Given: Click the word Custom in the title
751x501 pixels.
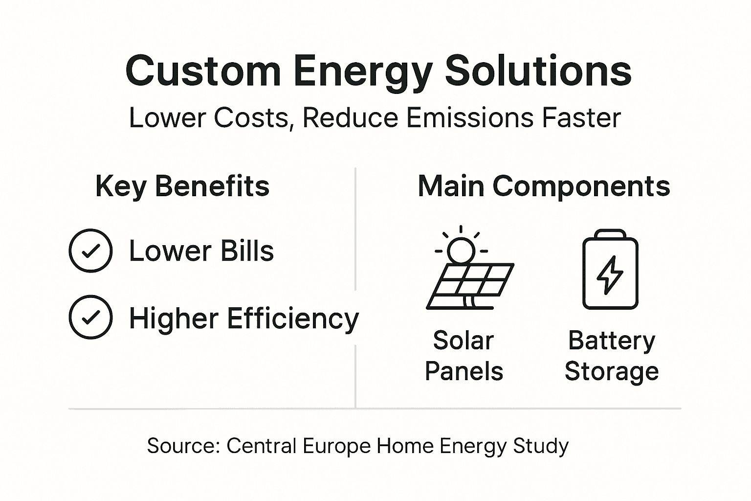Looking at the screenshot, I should click(203, 71).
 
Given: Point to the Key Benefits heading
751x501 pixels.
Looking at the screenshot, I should click(182, 186).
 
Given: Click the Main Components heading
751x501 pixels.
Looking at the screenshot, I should click(544, 186).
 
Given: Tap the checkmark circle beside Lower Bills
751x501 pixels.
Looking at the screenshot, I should click(91, 250).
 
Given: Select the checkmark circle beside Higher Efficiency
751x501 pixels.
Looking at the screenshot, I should click(91, 317).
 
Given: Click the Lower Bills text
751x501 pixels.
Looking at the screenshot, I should click(201, 251).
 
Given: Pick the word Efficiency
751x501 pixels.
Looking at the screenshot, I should click(293, 319).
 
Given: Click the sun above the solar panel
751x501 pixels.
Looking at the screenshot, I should click(461, 249).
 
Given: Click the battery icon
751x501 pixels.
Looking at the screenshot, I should click(610, 270).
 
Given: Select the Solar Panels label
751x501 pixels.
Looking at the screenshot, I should click(464, 356).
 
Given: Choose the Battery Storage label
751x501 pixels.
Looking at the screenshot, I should click(612, 356).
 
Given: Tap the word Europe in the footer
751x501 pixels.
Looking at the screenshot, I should click(337, 446).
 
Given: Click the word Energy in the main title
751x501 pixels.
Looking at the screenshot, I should click(363, 71).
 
